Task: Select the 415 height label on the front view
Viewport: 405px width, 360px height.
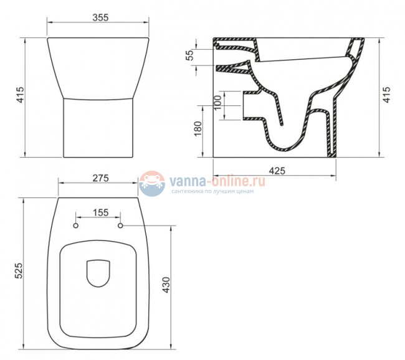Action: point(20,95)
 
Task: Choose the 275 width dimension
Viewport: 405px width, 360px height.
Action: point(100,178)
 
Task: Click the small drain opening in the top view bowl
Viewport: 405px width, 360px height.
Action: point(98,274)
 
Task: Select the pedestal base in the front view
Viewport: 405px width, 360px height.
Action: point(99,128)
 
